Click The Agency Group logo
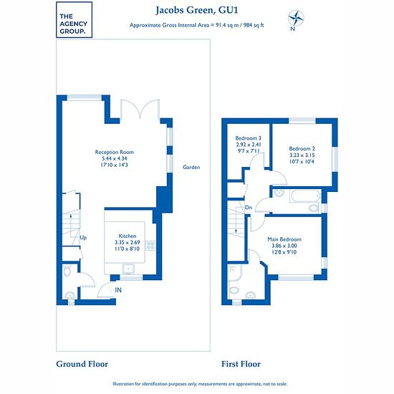pyautogui.click(x=74, y=19)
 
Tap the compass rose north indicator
pyautogui.click(x=296, y=20)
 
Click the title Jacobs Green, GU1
pyautogui.click(x=197, y=11)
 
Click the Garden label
pyautogui.click(x=191, y=167)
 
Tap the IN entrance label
pyautogui.click(x=118, y=290)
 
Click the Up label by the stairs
pyautogui.click(x=83, y=238)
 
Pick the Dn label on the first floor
pyautogui.click(x=249, y=208)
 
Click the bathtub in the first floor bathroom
pyautogui.click(x=305, y=196)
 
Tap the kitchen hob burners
pyautogui.click(x=150, y=246)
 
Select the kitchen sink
pyautogui.click(x=128, y=269)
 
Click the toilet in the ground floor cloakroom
pyautogui.click(x=67, y=271)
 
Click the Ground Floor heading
pyautogui.click(x=82, y=364)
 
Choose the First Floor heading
pyautogui.click(x=241, y=364)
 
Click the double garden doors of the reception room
pyautogui.click(x=140, y=109)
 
